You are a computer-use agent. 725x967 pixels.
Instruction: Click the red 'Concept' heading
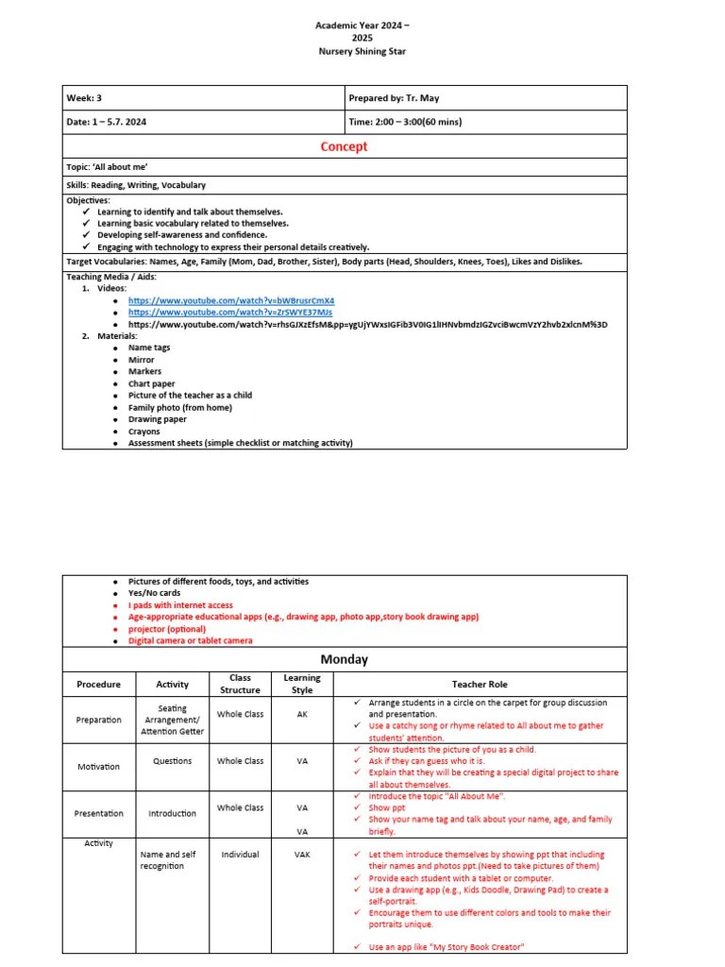[344, 146]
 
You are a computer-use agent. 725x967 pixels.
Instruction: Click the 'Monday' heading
[344, 659]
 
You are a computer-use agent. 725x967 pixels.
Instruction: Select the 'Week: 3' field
[84, 98]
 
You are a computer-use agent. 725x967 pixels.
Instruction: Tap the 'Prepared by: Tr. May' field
[394, 98]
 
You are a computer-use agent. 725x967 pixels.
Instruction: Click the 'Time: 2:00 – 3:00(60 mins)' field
[405, 122]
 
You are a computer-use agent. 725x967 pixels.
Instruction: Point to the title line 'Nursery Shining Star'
[362, 51]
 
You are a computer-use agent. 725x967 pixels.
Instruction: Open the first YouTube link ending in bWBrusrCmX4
[231, 300]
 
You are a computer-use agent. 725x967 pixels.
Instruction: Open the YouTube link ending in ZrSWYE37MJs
[230, 312]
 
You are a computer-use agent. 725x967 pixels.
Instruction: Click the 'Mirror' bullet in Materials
[142, 360]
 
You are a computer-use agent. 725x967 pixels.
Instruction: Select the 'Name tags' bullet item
[149, 348]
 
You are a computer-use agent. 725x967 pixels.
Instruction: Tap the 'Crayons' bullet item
[144, 432]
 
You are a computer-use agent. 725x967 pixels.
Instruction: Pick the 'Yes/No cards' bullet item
[154, 593]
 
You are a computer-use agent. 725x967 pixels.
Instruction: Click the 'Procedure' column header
[98, 684]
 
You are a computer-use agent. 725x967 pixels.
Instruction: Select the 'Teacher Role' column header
[480, 684]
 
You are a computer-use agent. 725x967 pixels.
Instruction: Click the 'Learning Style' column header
[302, 684]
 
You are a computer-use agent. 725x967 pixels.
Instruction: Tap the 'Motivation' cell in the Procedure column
[98, 767]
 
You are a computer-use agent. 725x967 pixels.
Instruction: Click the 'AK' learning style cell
[302, 715]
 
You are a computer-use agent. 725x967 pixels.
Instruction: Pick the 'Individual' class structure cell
[240, 855]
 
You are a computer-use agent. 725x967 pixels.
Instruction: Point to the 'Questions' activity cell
[172, 761]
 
